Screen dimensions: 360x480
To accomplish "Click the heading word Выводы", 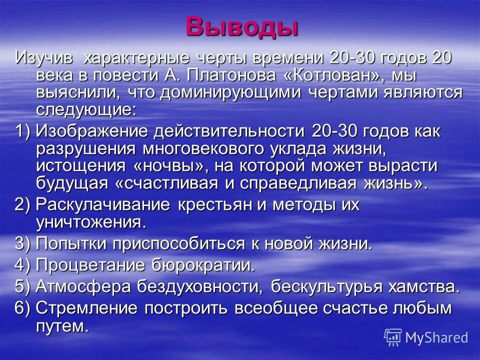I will coord(242,26).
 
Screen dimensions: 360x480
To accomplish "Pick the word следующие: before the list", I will coord(85,110).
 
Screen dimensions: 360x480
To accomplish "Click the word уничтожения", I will coord(90,221).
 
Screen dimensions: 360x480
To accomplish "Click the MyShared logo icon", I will coord(393,337).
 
